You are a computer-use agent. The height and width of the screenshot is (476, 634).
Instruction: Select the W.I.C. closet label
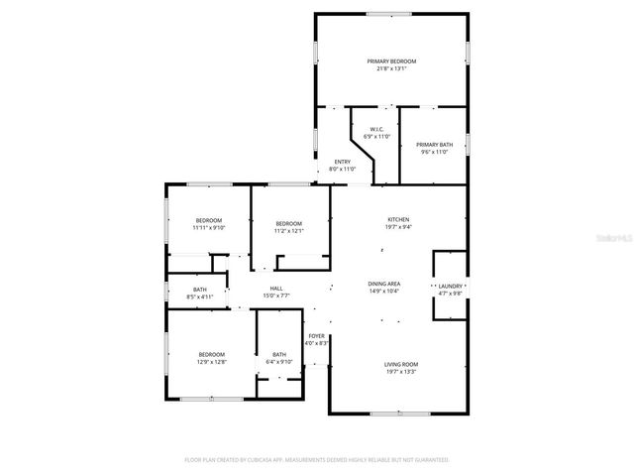click(x=377, y=129)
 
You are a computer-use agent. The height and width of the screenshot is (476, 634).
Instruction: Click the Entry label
click(x=342, y=162)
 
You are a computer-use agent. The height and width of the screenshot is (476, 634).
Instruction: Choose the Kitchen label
click(x=398, y=219)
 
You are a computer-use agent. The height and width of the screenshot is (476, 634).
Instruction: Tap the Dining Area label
click(x=384, y=284)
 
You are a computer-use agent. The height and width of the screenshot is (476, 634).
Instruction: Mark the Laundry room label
click(x=451, y=287)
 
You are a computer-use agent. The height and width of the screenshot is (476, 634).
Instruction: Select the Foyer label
click(x=317, y=336)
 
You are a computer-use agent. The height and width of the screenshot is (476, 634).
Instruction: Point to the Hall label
click(x=276, y=288)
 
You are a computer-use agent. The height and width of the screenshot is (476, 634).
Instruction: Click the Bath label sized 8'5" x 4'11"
click(x=200, y=289)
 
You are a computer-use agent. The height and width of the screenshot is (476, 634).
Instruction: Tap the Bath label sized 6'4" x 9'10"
click(x=279, y=354)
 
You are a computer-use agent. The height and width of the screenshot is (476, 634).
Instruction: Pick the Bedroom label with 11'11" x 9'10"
click(x=208, y=220)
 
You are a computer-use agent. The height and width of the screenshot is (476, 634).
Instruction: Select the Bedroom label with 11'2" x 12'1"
click(x=288, y=223)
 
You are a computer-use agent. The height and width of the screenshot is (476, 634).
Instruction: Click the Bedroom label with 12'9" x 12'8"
click(x=212, y=354)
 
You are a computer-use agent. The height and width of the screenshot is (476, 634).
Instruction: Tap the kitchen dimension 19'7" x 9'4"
click(x=398, y=227)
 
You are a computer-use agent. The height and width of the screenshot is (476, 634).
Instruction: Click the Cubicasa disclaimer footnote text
click(x=317, y=460)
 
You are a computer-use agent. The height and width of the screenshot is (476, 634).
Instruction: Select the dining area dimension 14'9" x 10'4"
click(x=384, y=292)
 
